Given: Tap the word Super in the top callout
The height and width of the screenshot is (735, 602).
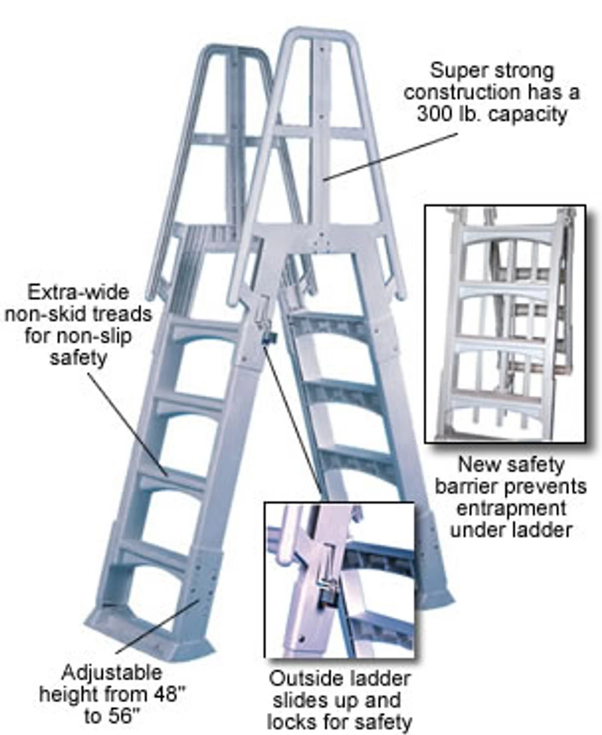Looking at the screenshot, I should click(x=456, y=71).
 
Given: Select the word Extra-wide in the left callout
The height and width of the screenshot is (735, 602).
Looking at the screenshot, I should click(x=79, y=292).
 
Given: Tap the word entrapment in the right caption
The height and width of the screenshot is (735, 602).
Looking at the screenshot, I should click(x=510, y=508).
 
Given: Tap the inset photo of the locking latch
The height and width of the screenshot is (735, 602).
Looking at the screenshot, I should click(x=339, y=580).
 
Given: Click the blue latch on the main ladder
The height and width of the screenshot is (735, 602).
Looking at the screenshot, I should click(x=268, y=338).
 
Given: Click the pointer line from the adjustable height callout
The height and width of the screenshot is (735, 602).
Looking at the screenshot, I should click(x=158, y=626).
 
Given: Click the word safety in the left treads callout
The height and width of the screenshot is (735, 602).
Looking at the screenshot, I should click(x=79, y=357).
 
